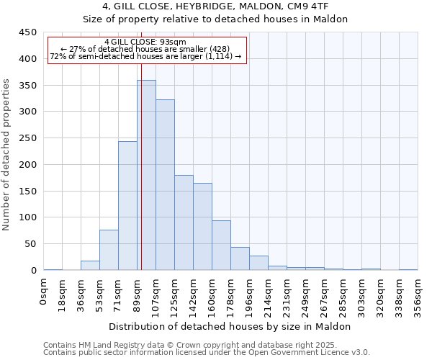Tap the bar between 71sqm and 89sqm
(127, 206)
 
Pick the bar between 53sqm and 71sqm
(109, 250)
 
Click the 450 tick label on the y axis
(27, 32)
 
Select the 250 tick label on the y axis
(27, 138)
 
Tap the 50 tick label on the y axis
(30, 244)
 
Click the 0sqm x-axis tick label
(44, 292)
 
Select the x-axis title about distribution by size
(230, 326)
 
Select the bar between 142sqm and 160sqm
(202, 227)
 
